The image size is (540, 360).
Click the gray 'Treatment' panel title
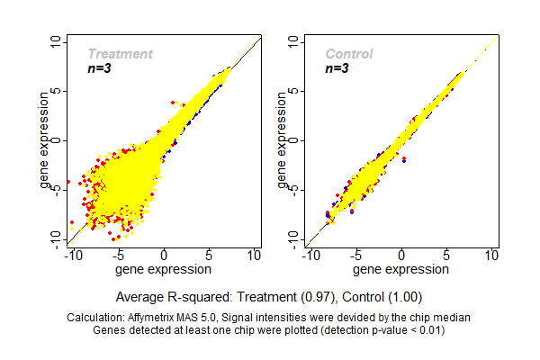click(120, 54)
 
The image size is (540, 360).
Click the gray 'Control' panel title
click(348, 54)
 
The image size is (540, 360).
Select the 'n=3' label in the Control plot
click(336, 67)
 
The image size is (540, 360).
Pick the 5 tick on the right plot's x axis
click(447, 256)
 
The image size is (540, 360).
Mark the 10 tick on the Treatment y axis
click(56, 41)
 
